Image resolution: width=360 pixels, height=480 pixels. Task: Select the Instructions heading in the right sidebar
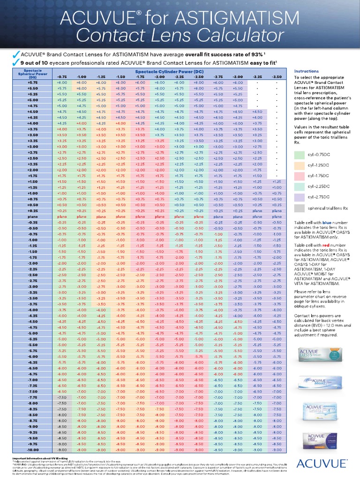click(306, 71)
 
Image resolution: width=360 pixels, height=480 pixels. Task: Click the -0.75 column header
click(62, 76)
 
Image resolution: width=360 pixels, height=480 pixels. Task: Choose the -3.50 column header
click(277, 76)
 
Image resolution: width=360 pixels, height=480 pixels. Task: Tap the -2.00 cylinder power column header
click(160, 76)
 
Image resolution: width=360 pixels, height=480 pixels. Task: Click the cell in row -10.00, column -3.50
click(277, 449)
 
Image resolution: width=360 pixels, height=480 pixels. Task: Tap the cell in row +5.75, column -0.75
click(62, 82)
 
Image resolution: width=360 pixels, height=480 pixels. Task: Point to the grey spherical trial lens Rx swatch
click(300, 208)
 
